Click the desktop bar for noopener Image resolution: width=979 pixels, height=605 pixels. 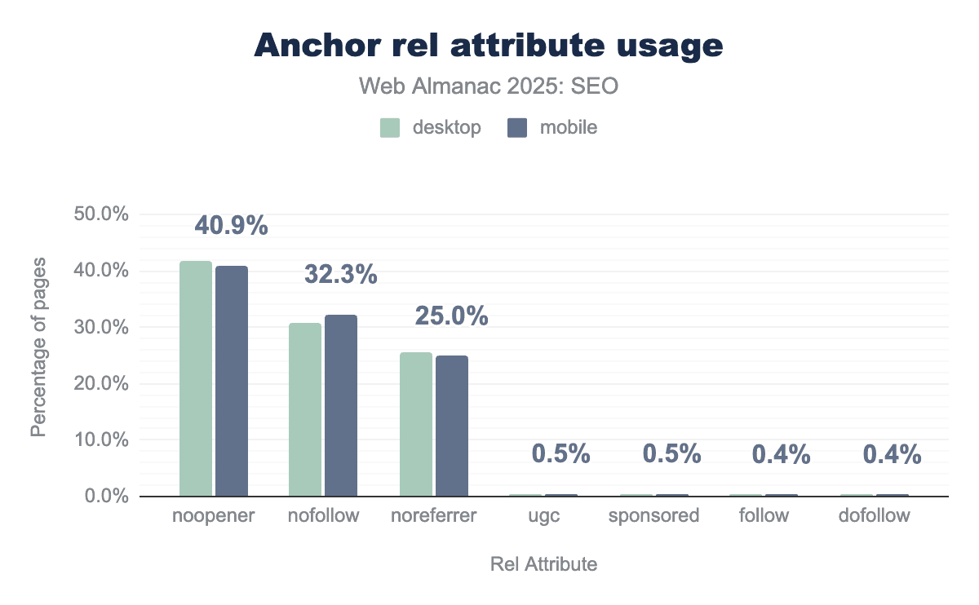tap(196, 379)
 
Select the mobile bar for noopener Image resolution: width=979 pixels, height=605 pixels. tap(232, 382)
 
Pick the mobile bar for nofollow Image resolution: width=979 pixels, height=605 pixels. tap(341, 405)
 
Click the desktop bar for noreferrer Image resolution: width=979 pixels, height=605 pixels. tap(416, 424)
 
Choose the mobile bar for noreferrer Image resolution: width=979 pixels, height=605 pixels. tap(452, 426)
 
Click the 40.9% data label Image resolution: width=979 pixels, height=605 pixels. tap(231, 225)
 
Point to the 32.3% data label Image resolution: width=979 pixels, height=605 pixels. tap(341, 274)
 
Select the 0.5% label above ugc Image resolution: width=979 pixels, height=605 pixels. tap(561, 454)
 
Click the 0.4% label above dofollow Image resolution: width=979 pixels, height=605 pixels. tap(893, 454)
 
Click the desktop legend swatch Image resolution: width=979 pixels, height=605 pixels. tap(390, 127)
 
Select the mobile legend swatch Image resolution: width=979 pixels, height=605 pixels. tap(517, 127)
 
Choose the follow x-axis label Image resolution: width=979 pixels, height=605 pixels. tap(764, 516)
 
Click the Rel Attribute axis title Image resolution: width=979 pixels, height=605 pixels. tap(543, 564)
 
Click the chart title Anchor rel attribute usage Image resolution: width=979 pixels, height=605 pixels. tap(489, 46)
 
